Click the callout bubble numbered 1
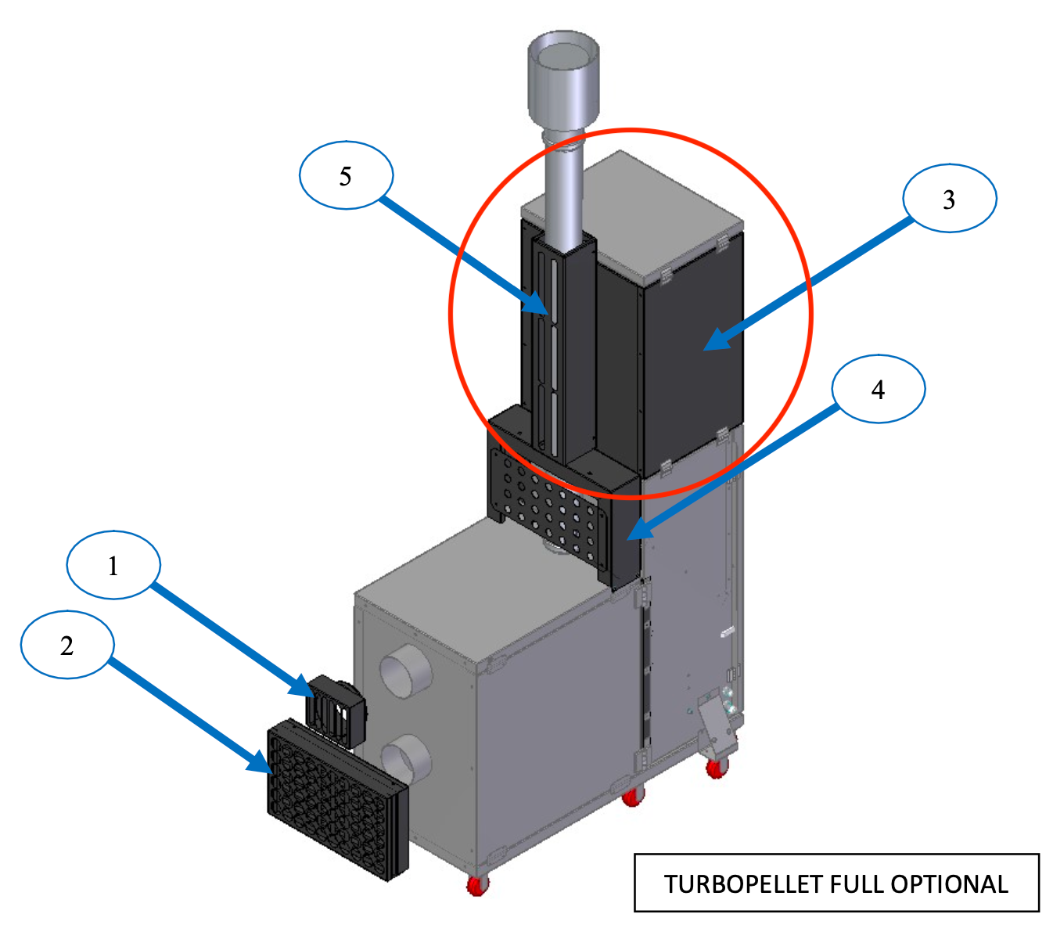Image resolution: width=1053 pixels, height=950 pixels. pos(113,565)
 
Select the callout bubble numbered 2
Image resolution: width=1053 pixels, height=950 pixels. pos(67,645)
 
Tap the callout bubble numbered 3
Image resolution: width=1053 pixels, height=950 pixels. pos(949,199)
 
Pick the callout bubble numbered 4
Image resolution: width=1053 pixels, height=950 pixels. pos(878,389)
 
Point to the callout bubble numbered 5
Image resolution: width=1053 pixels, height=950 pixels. pos(346,175)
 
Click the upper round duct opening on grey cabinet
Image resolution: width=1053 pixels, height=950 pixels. pos(405,671)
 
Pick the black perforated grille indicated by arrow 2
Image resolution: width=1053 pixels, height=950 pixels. pos(336,798)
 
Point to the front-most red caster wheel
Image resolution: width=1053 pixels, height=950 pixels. pos(477,885)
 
